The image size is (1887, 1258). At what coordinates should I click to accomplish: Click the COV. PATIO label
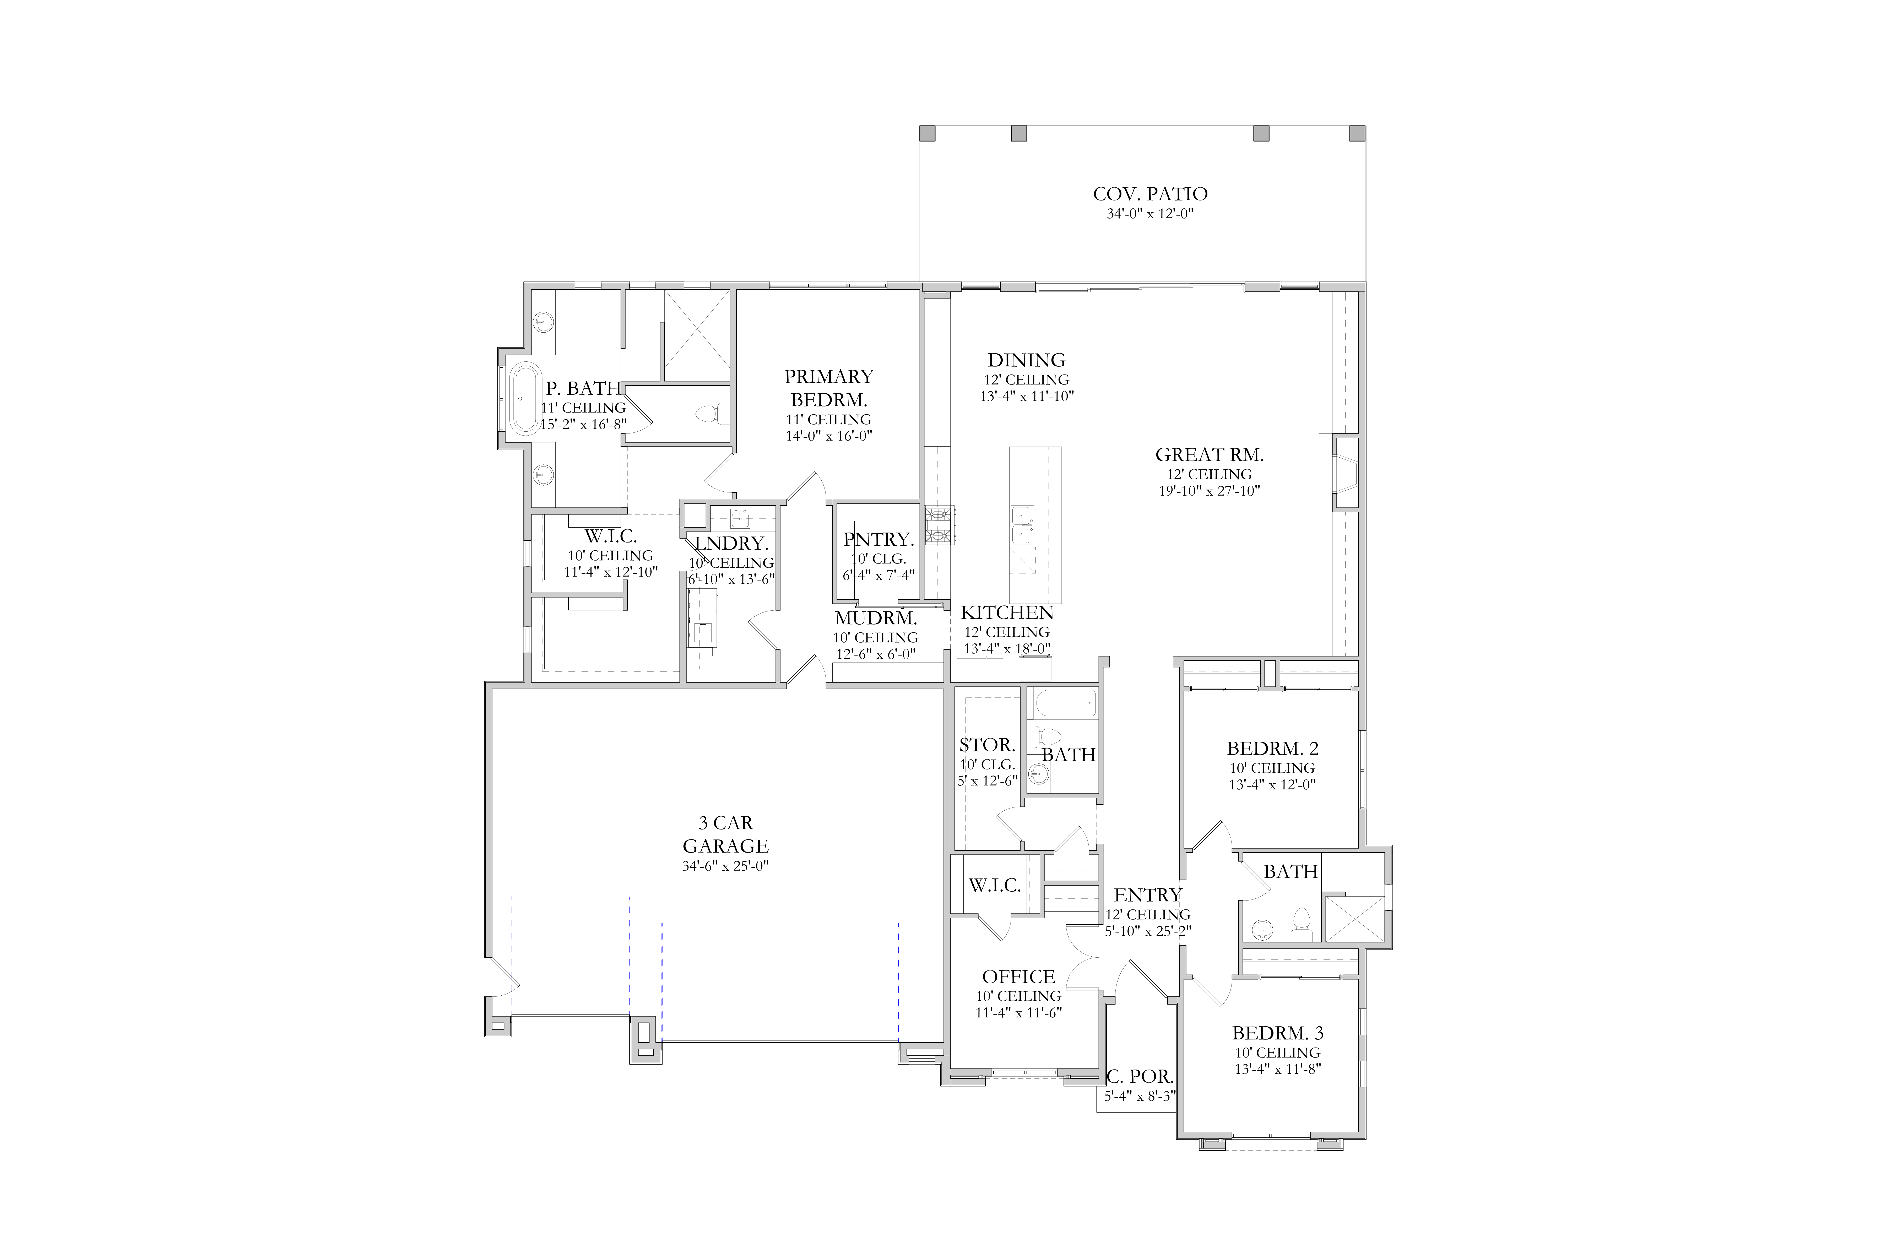(x=1150, y=194)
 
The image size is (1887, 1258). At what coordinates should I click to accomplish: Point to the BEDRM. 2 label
(x=1272, y=749)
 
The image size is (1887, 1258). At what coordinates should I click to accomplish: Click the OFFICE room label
(x=1019, y=977)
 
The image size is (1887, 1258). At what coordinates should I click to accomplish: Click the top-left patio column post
(x=928, y=133)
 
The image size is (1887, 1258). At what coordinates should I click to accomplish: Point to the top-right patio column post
(x=1358, y=133)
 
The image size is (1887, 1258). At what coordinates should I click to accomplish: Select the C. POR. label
(x=1139, y=1077)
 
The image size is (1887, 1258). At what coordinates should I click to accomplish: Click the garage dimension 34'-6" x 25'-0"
(x=725, y=866)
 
